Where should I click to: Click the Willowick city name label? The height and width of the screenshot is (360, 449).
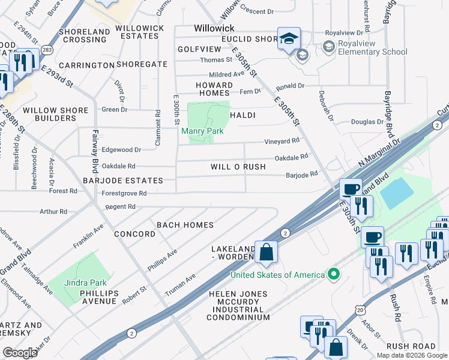[214, 28]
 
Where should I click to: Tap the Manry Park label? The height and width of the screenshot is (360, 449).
[206, 131]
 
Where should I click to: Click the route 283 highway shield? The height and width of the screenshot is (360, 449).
[48, 49]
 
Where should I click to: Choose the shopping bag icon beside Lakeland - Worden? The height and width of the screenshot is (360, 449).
[266, 251]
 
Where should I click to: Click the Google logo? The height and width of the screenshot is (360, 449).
[20, 352]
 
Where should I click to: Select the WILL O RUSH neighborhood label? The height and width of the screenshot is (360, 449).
[238, 167]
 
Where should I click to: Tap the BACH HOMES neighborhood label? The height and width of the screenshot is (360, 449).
[185, 225]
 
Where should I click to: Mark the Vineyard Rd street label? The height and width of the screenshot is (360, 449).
[282, 141]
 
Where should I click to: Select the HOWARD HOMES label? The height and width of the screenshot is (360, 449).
[213, 89]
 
